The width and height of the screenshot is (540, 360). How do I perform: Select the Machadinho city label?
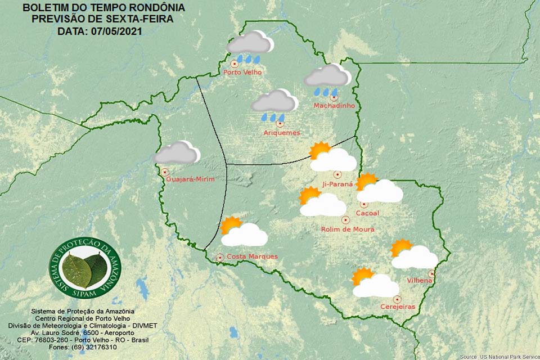pyautogui.click(x=334, y=106)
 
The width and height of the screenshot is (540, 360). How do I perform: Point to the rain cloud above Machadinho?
pyautogui.click(x=327, y=78)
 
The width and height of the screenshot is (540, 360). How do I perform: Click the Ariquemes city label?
pyautogui.click(x=281, y=133)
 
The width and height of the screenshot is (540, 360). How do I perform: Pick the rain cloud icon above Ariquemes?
pyautogui.click(x=274, y=104)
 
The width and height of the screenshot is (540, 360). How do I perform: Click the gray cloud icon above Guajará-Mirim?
pyautogui.click(x=177, y=153)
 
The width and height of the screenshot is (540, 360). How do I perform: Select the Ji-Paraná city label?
pyautogui.click(x=337, y=184)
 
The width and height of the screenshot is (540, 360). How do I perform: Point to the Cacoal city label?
pyautogui.click(x=367, y=213)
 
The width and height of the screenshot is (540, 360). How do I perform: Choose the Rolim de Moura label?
pyautogui.click(x=348, y=229)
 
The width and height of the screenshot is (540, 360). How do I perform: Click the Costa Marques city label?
pyautogui.click(x=251, y=256)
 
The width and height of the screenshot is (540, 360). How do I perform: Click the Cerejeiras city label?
pyautogui.click(x=398, y=307)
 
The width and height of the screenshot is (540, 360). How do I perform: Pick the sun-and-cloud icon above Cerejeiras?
pyautogui.click(x=374, y=283)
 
